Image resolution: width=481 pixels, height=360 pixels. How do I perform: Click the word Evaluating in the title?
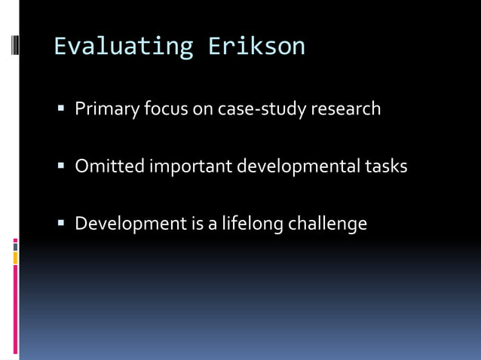pyautogui.click(x=124, y=47)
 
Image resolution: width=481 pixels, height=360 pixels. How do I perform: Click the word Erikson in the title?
pyautogui.click(x=257, y=47)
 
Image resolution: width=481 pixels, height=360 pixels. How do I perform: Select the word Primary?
pyautogui.click(x=107, y=109)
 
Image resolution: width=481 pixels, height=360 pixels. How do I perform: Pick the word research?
pyautogui.click(x=346, y=109)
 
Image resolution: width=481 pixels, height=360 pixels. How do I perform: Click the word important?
pyautogui.click(x=190, y=166)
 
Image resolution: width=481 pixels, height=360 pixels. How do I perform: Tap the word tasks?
pyautogui.click(x=388, y=166)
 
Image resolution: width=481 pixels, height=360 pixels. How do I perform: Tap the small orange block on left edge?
pyautogui.click(x=15, y=258)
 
